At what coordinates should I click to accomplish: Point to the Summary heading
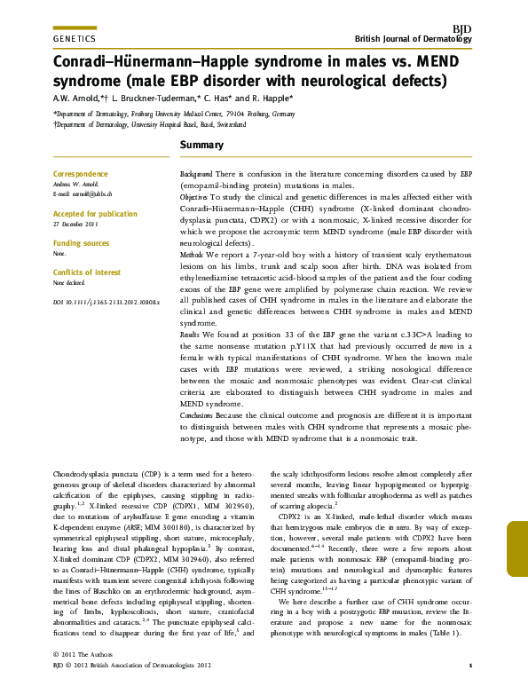[202, 145]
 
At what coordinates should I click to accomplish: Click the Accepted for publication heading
[95, 214]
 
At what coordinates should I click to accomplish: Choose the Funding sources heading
[82, 243]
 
